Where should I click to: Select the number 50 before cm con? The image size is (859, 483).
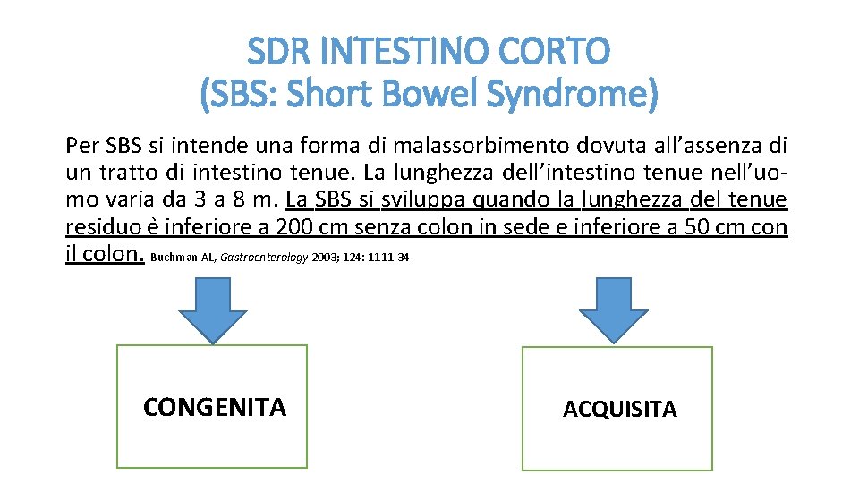click(694, 227)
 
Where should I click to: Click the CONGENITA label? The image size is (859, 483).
click(214, 408)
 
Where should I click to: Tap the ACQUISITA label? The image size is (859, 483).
click(619, 410)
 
